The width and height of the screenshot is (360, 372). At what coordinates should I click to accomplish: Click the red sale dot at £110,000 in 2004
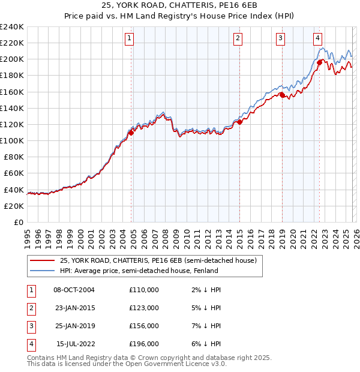click(x=131, y=133)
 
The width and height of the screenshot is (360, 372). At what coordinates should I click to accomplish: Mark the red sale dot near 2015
click(x=239, y=122)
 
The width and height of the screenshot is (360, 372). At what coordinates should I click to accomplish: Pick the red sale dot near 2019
click(x=282, y=95)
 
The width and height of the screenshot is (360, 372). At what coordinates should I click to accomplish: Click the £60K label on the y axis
click(x=14, y=173)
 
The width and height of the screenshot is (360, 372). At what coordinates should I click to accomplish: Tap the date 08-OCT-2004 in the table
click(x=74, y=290)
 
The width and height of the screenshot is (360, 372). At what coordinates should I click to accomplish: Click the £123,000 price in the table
click(x=143, y=308)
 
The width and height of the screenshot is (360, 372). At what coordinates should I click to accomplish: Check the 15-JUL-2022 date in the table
click(x=74, y=344)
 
